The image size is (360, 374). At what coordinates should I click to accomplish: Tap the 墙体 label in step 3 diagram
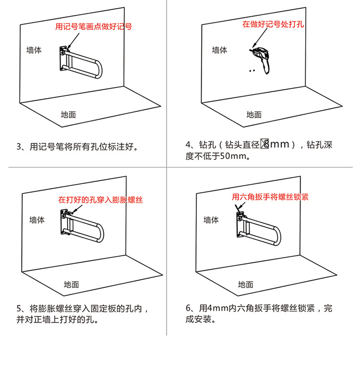pos(34,50)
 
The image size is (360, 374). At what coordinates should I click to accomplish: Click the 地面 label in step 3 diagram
pos(68,115)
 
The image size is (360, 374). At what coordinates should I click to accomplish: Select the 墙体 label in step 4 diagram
pos(220,50)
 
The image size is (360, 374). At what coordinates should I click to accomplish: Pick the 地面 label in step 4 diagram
pos(254,115)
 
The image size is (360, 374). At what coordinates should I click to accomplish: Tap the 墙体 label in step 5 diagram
pos(37,220)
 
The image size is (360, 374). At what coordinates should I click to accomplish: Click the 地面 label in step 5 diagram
pos(72,285)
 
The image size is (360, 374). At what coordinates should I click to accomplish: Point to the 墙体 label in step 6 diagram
pos(211,220)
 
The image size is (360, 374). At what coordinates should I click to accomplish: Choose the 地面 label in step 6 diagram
pos(245,285)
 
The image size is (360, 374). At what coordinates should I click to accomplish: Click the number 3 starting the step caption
pos(19,146)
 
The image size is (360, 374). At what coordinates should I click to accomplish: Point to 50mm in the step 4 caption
pos(234,157)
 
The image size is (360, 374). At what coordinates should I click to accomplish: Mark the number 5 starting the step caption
pos(19,308)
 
